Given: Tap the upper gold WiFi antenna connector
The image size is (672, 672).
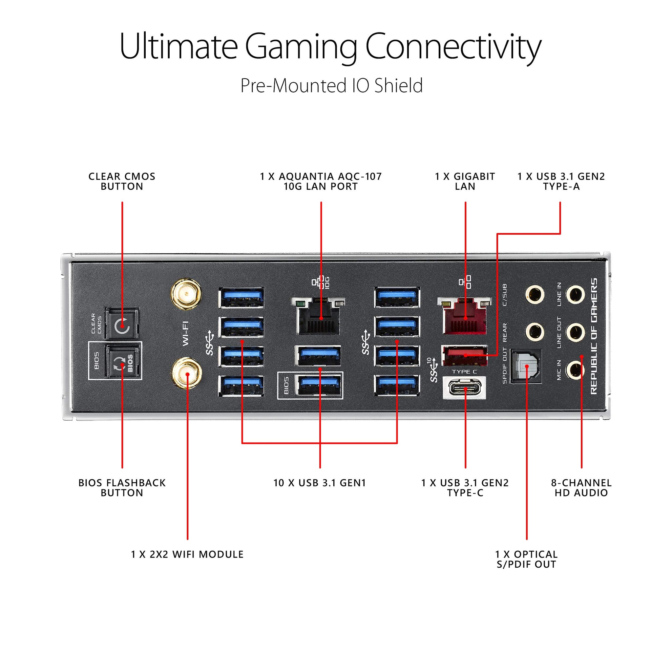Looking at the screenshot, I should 186,294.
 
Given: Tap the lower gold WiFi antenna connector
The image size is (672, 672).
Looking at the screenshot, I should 187,375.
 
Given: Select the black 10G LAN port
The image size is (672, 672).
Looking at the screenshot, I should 318,317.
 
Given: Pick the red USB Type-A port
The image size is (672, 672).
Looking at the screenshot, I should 464,355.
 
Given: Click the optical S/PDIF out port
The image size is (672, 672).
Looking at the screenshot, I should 526,366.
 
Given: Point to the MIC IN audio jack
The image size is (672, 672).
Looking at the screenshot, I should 575,370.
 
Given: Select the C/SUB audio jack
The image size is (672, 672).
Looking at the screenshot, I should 534,295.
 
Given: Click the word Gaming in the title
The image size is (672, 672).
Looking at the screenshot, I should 301,47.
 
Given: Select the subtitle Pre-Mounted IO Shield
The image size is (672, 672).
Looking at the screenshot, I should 331,86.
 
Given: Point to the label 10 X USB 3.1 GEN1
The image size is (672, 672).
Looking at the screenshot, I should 319,483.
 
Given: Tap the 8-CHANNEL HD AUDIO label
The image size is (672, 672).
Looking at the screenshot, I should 581,487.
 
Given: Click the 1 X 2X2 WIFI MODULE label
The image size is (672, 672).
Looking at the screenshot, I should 187,554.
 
